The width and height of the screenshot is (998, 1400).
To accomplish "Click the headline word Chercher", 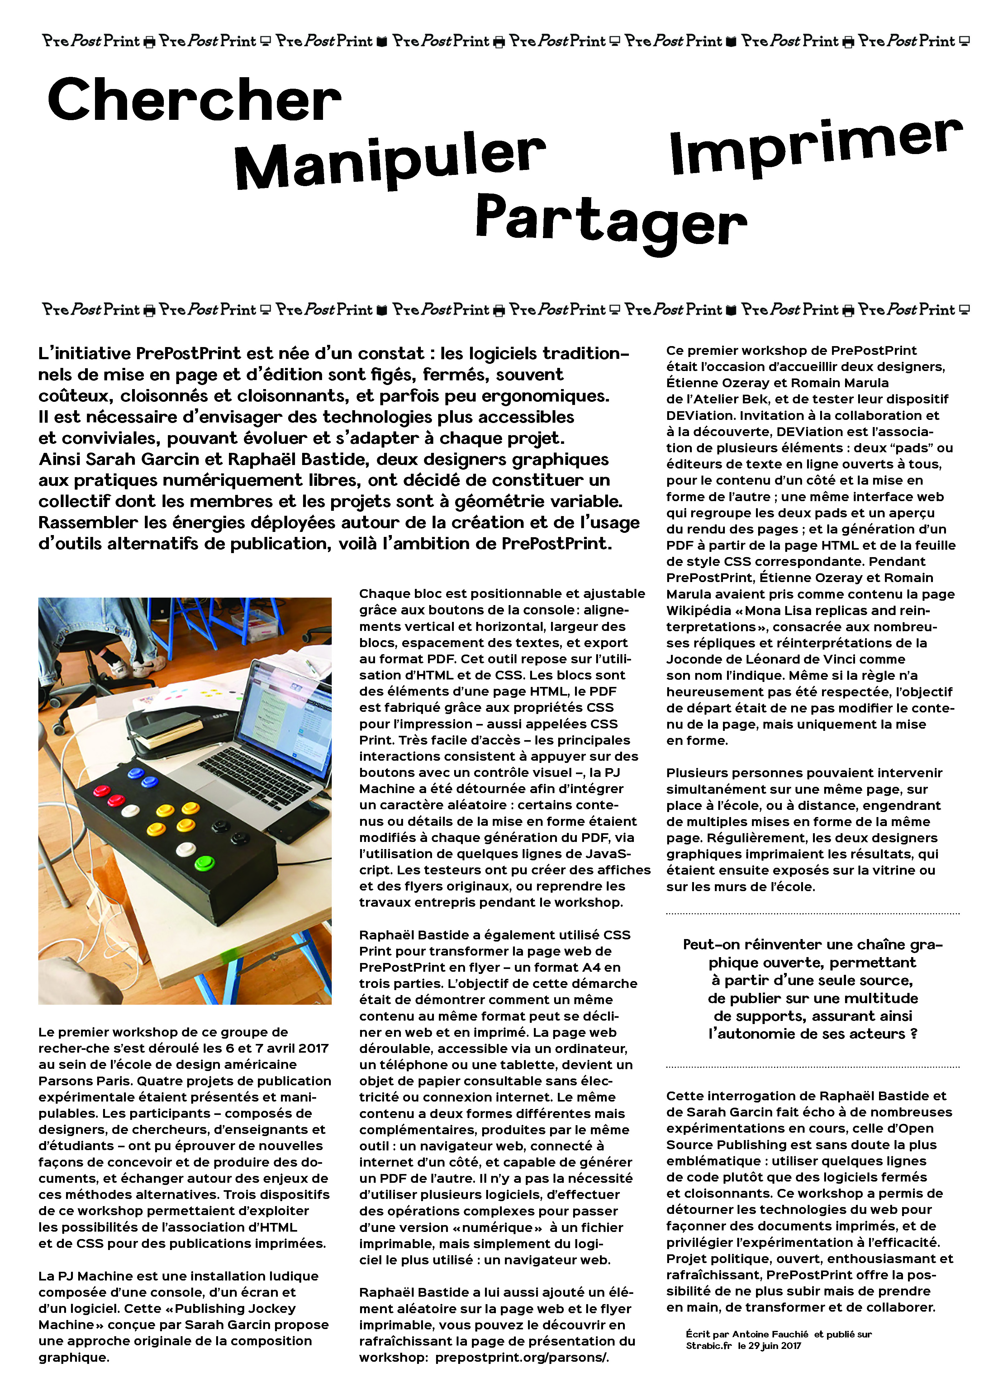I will tap(194, 100).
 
